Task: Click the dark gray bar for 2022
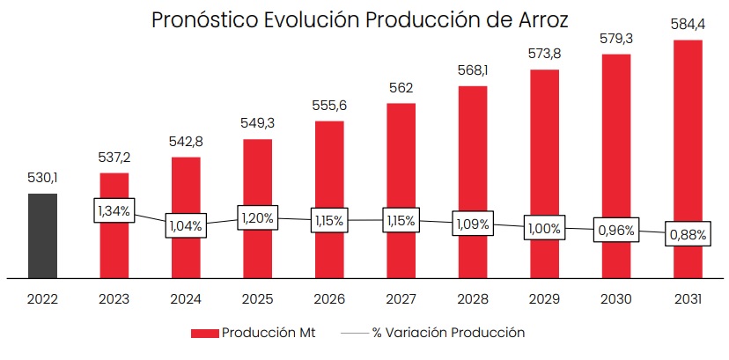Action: click(42, 235)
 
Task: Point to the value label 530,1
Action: click(42, 179)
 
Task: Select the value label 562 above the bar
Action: click(401, 88)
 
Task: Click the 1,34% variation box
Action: click(114, 210)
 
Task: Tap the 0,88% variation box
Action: click(688, 234)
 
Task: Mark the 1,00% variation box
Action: click(544, 228)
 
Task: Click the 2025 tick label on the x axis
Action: click(257, 299)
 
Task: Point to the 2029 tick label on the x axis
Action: click(544, 299)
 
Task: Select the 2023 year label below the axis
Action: click(114, 299)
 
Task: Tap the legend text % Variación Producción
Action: click(448, 333)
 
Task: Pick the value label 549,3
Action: click(257, 123)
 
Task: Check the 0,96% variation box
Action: click(615, 231)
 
